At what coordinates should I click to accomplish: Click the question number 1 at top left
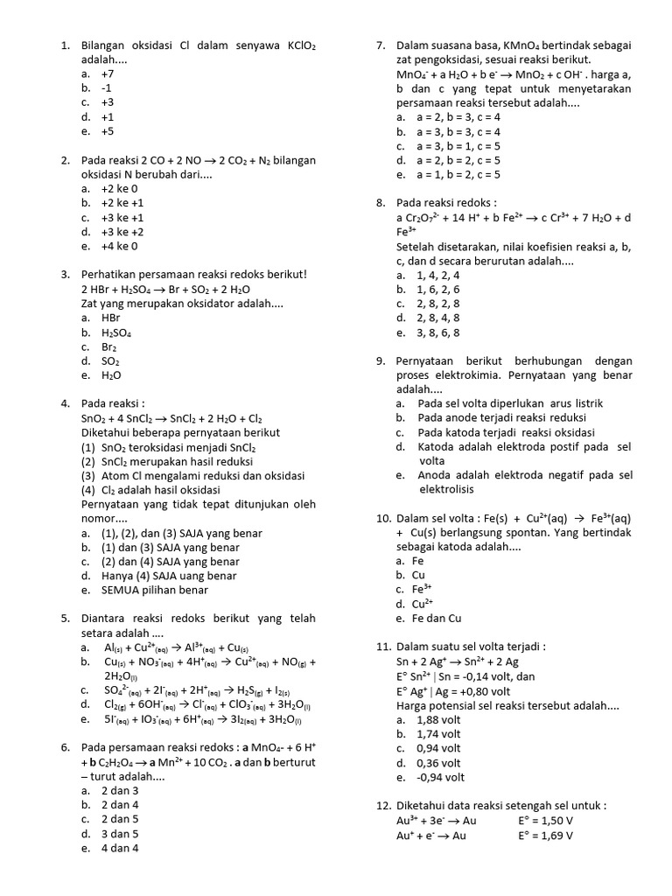point(65,45)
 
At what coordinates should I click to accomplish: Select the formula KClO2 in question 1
point(300,45)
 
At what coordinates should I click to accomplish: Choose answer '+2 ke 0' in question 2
point(120,188)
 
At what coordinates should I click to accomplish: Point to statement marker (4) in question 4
point(88,490)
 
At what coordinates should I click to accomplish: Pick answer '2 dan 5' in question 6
point(120,819)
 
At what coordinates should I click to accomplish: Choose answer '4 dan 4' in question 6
point(120,848)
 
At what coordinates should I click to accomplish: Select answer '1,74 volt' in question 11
point(439,733)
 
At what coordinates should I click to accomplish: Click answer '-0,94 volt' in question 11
point(441,777)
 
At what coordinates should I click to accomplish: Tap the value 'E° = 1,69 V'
point(545,835)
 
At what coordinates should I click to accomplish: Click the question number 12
point(383,806)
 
